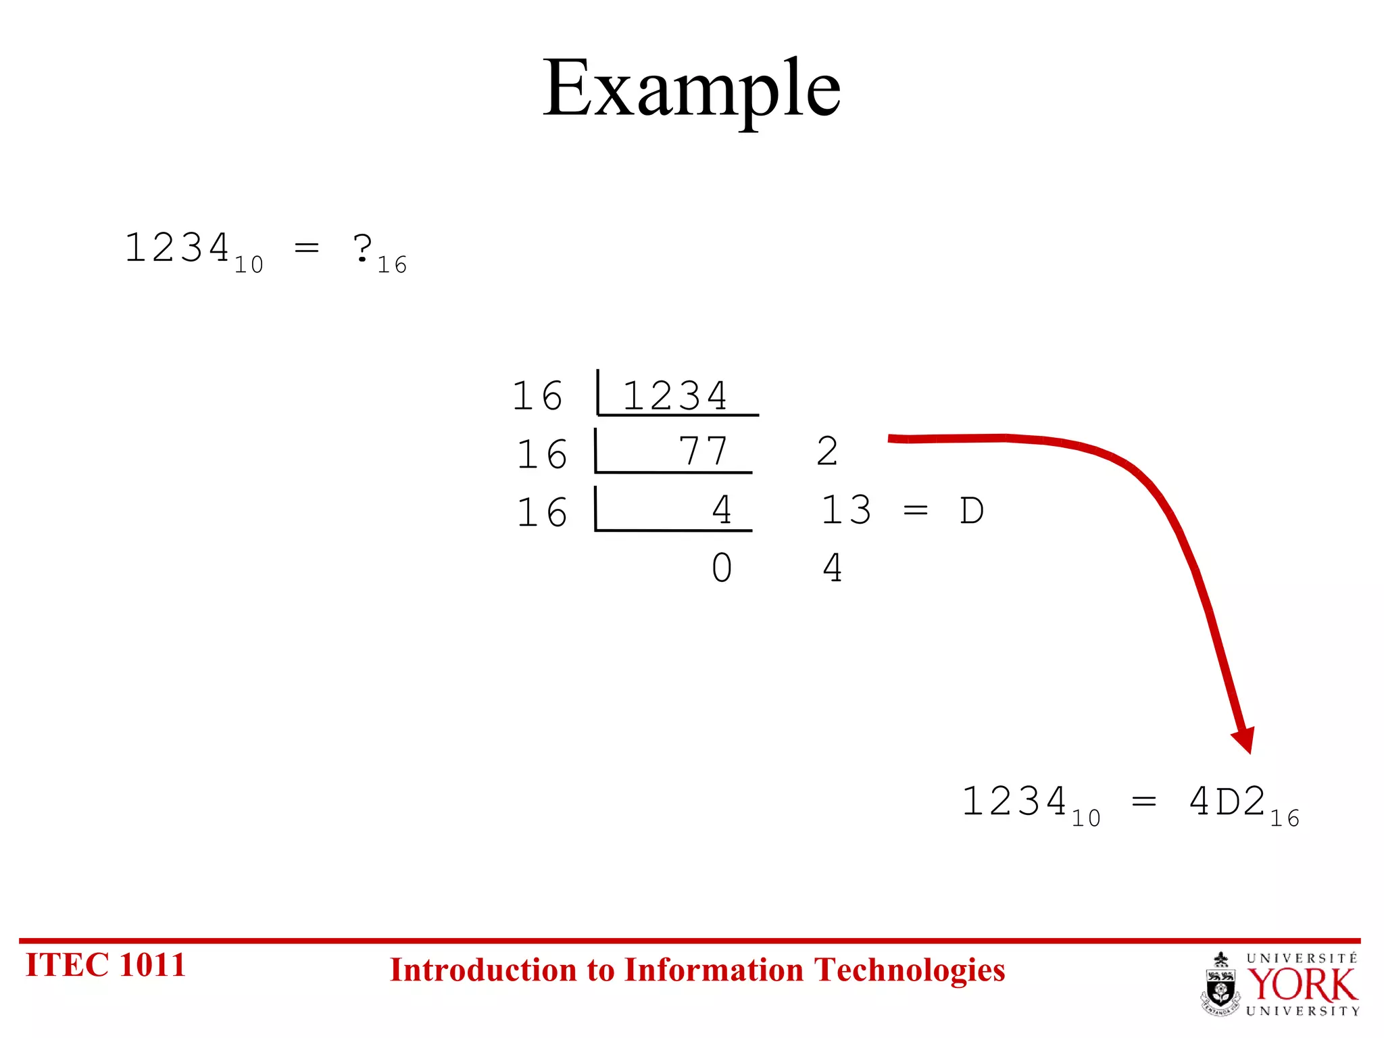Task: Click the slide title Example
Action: (x=691, y=89)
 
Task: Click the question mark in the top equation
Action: (x=363, y=249)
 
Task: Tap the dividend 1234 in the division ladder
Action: (x=674, y=396)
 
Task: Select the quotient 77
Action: (x=703, y=451)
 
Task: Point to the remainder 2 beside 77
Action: (x=827, y=451)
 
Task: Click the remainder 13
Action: (x=846, y=510)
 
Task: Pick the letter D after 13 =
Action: (x=972, y=511)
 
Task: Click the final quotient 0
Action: (x=722, y=568)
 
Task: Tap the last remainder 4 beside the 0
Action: (x=833, y=568)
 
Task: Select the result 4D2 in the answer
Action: (x=1227, y=802)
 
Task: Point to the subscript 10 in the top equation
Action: (x=249, y=265)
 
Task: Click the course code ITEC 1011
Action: (x=105, y=965)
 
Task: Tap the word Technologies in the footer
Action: (x=910, y=970)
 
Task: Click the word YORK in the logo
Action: (x=1302, y=985)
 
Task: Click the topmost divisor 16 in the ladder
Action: (x=538, y=396)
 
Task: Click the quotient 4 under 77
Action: (x=722, y=510)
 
